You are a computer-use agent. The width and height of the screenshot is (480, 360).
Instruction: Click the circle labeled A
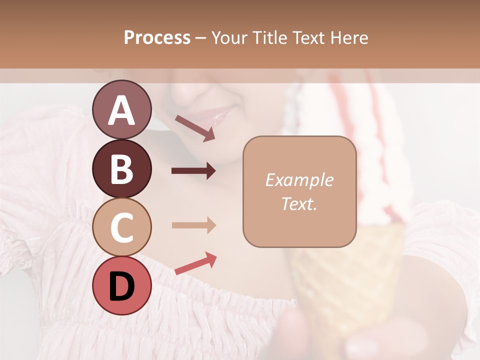click(x=121, y=109)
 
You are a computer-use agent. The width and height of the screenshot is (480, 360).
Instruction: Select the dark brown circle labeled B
click(x=121, y=168)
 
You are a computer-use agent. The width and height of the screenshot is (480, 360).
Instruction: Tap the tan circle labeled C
click(x=121, y=227)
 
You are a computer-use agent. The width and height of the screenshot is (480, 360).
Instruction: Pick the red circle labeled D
click(x=121, y=285)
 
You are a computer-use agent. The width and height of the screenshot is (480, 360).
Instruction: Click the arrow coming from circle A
click(x=195, y=128)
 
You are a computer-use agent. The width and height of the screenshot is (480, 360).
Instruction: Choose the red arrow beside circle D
click(x=195, y=263)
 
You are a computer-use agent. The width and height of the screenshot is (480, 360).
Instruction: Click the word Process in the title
click(x=157, y=37)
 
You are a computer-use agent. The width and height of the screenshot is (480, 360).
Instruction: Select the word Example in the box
click(x=299, y=180)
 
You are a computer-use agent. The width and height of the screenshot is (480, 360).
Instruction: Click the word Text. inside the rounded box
click(x=299, y=203)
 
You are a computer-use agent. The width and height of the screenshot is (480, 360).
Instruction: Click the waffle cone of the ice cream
click(x=345, y=280)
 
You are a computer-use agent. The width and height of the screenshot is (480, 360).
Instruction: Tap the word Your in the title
click(x=228, y=37)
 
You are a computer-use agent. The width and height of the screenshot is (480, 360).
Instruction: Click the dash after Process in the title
click(x=201, y=38)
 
